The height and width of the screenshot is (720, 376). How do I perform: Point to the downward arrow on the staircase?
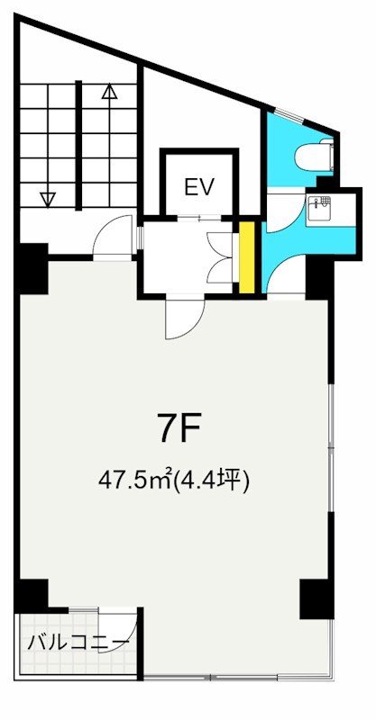click(48, 197)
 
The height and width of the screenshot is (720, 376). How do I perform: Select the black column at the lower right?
click(316, 598)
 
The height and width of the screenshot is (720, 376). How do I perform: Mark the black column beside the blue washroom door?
click(319, 274)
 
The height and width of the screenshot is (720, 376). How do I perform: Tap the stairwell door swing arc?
click(111, 238)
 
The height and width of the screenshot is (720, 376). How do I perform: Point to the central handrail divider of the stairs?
click(79, 144)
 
